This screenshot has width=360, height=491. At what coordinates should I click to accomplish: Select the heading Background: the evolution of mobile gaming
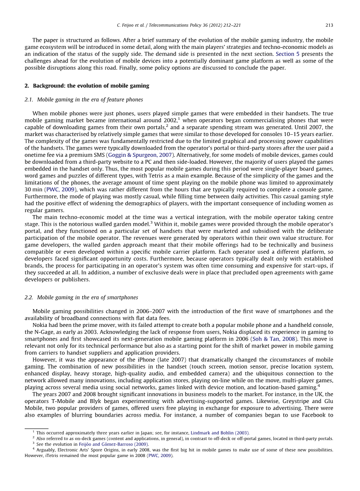point(91,85)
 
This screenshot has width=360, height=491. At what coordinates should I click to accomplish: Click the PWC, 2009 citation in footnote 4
point(160,456)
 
